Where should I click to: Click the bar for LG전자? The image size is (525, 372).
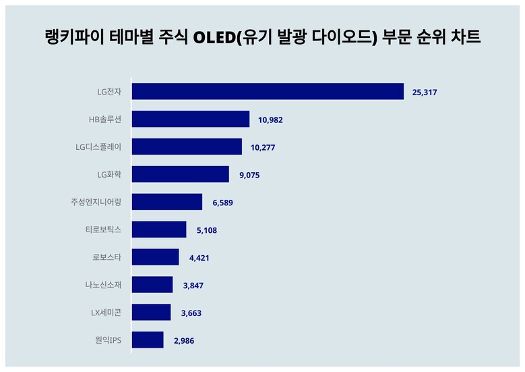click(x=268, y=92)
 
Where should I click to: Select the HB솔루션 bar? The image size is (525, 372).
click(x=191, y=119)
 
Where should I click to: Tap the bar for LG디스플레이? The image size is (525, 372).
click(x=187, y=147)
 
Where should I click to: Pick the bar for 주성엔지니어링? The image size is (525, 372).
click(x=167, y=202)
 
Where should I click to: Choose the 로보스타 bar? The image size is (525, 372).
click(x=156, y=257)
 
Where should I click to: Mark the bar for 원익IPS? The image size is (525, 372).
click(x=148, y=340)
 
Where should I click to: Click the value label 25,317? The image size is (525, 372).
click(x=425, y=92)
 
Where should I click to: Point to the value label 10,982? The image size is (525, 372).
click(x=270, y=119)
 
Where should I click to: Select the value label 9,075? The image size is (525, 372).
click(x=249, y=175)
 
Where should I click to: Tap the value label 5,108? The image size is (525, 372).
click(x=206, y=230)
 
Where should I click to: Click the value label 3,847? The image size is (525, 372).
click(x=193, y=286)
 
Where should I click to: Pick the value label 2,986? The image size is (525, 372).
click(x=183, y=341)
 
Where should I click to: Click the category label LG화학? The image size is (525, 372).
click(x=109, y=175)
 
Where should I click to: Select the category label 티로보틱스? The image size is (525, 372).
click(x=99, y=230)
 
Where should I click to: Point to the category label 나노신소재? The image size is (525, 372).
click(x=99, y=285)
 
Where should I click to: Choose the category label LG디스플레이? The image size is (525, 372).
click(x=99, y=147)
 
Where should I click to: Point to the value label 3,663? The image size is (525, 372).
click(x=191, y=313)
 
